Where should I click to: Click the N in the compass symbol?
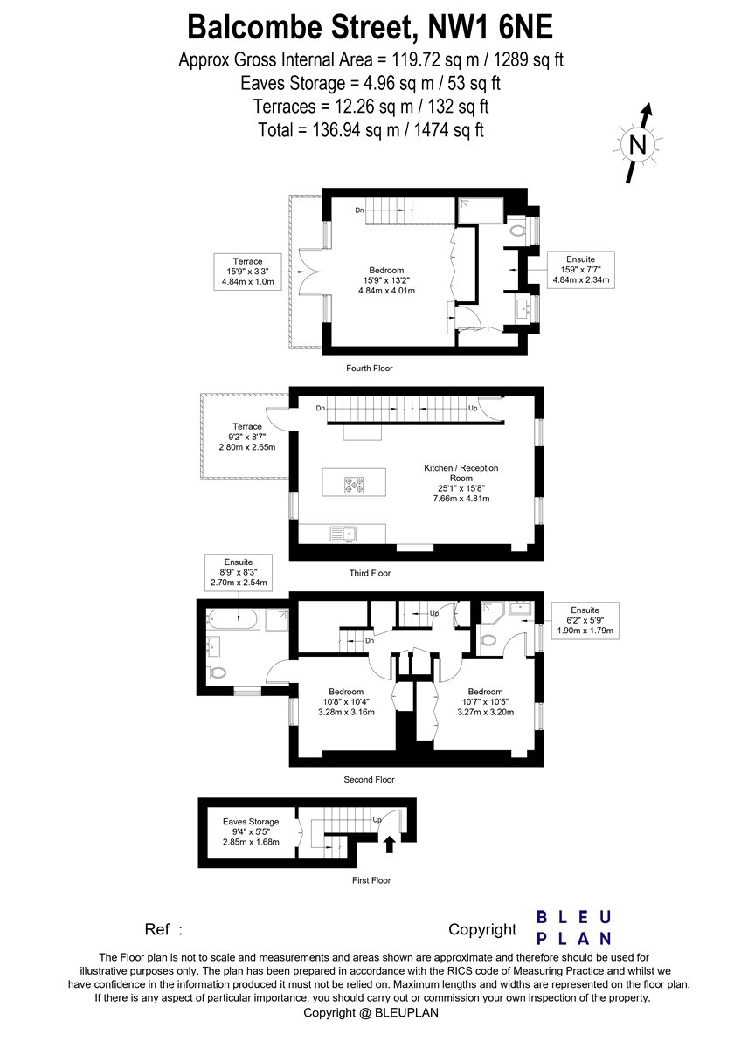pyautogui.click(x=638, y=145)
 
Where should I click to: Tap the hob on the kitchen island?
pyautogui.click(x=354, y=484)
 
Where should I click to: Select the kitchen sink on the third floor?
pyautogui.click(x=343, y=534)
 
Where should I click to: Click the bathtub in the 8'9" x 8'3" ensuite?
pyautogui.click(x=232, y=620)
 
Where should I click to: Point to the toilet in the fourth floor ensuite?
pyautogui.click(x=516, y=231)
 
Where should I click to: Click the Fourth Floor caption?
pyautogui.click(x=370, y=369)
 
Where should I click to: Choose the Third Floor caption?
pyautogui.click(x=370, y=573)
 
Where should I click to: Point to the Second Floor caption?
pyautogui.click(x=369, y=779)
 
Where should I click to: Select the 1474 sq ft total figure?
pyautogui.click(x=448, y=130)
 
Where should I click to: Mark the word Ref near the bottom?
pyautogui.click(x=156, y=929)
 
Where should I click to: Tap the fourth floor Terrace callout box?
pyautogui.click(x=247, y=272)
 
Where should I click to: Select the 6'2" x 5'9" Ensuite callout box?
pyautogui.click(x=585, y=620)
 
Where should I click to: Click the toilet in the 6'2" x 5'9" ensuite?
pyautogui.click(x=488, y=640)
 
